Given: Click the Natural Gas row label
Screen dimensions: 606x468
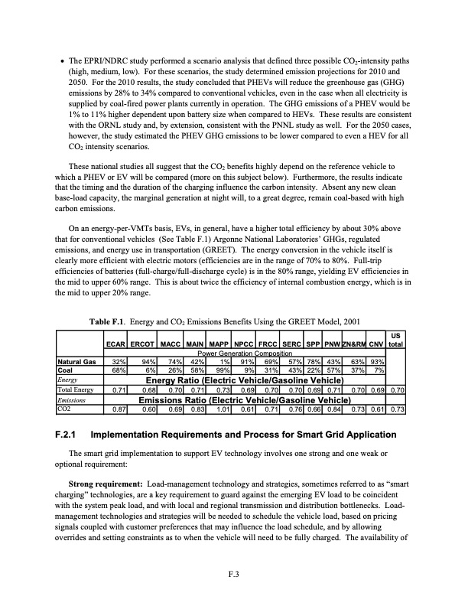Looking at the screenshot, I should tap(79, 361).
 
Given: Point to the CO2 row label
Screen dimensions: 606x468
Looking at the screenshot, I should tap(65, 409).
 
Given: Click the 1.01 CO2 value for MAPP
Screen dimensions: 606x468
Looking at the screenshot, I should tap(222, 409).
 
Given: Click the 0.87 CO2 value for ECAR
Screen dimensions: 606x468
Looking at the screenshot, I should tap(117, 409).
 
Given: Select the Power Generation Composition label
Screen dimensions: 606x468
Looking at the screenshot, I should tap(243, 354).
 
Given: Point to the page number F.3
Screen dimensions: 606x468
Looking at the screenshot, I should tap(233, 576).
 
